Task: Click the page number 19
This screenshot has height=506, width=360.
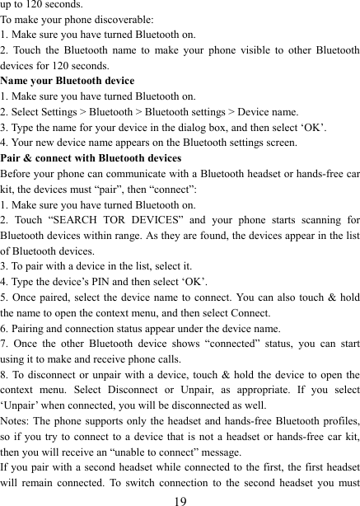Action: pos(179,498)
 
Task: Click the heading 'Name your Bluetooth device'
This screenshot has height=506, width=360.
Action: pos(68,81)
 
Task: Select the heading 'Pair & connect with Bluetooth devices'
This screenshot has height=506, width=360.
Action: pos(91,157)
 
